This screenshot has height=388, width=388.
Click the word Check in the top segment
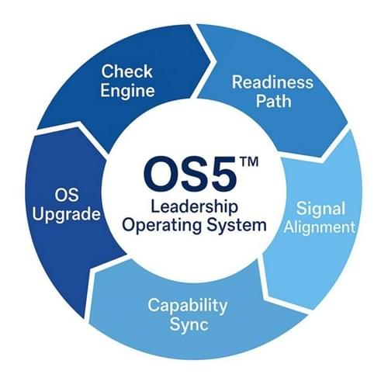126,71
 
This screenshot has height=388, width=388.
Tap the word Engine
127,92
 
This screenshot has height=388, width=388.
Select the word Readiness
272,81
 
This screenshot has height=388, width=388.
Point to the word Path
274,101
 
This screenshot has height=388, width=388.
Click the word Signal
320,209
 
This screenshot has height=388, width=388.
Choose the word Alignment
320,228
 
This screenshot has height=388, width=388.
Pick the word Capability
188,306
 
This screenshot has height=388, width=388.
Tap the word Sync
189,325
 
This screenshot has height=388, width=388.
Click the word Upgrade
66,214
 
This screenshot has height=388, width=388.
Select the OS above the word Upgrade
67,195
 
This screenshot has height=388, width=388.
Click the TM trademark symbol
249,161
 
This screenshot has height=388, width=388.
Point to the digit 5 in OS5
220,174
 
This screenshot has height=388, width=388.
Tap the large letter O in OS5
158,174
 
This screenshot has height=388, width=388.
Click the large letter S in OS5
189,174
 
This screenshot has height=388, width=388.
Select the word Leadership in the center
194,207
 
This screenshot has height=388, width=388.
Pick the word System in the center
236,225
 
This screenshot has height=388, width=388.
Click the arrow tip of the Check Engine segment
217,61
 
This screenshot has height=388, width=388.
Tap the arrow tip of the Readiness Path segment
321,157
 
